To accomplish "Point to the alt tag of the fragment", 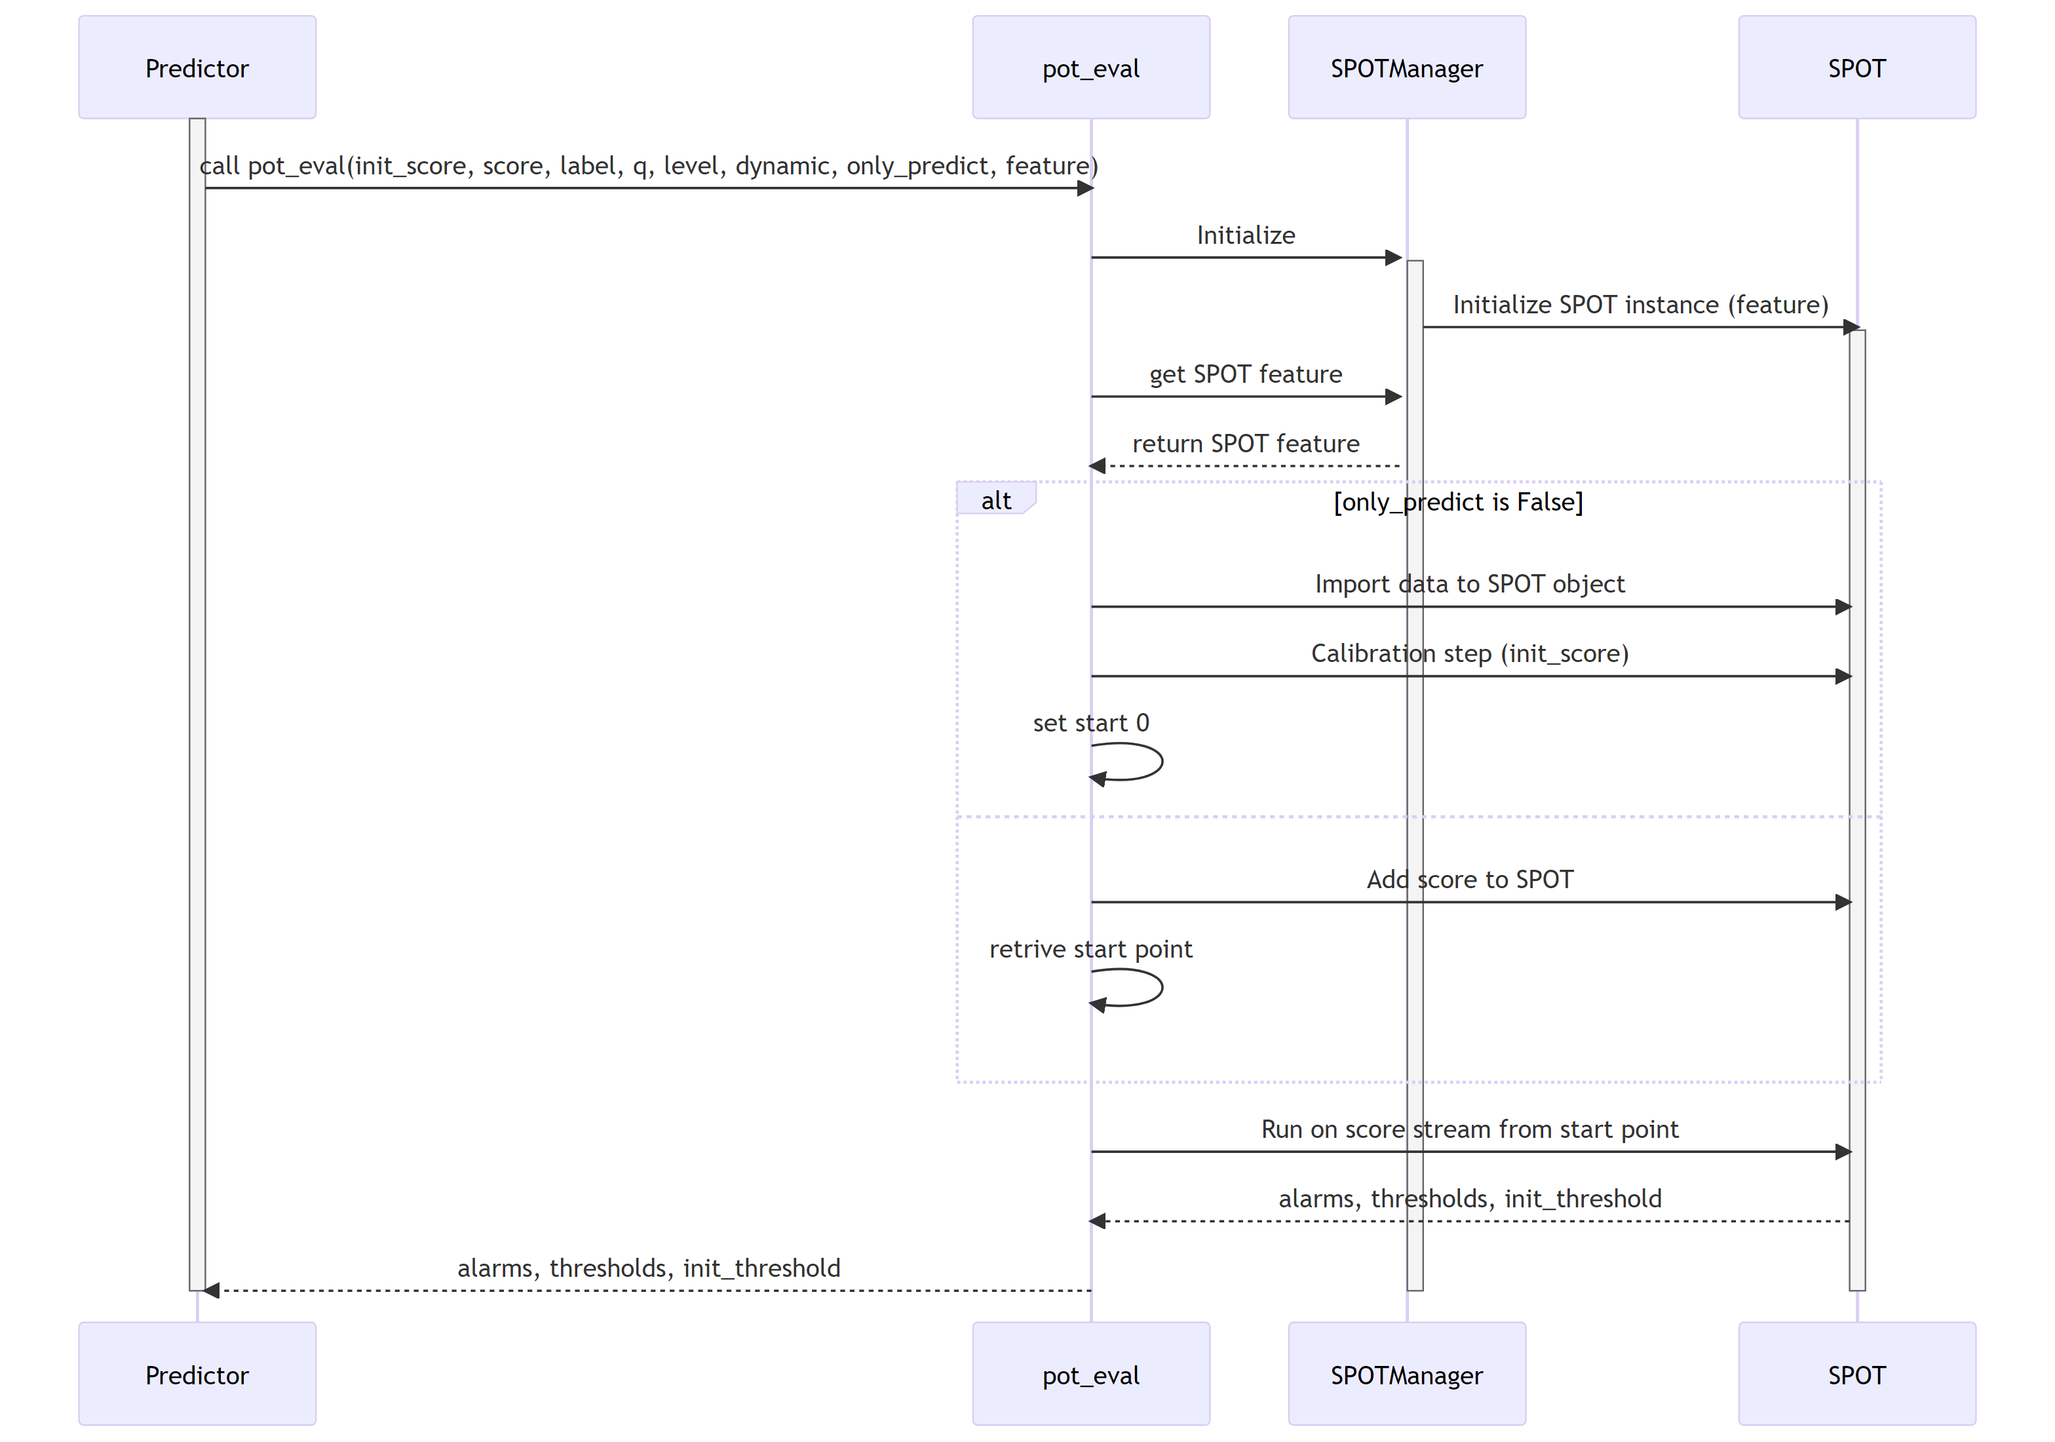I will click(995, 499).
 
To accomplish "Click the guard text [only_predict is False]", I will click(1457, 501).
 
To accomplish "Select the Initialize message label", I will click(1245, 235).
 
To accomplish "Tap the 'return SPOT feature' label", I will click(1245, 443).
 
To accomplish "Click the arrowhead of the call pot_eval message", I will click(1085, 188).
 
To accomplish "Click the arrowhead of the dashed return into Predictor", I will click(211, 1290).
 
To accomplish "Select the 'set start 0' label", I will click(1090, 722).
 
